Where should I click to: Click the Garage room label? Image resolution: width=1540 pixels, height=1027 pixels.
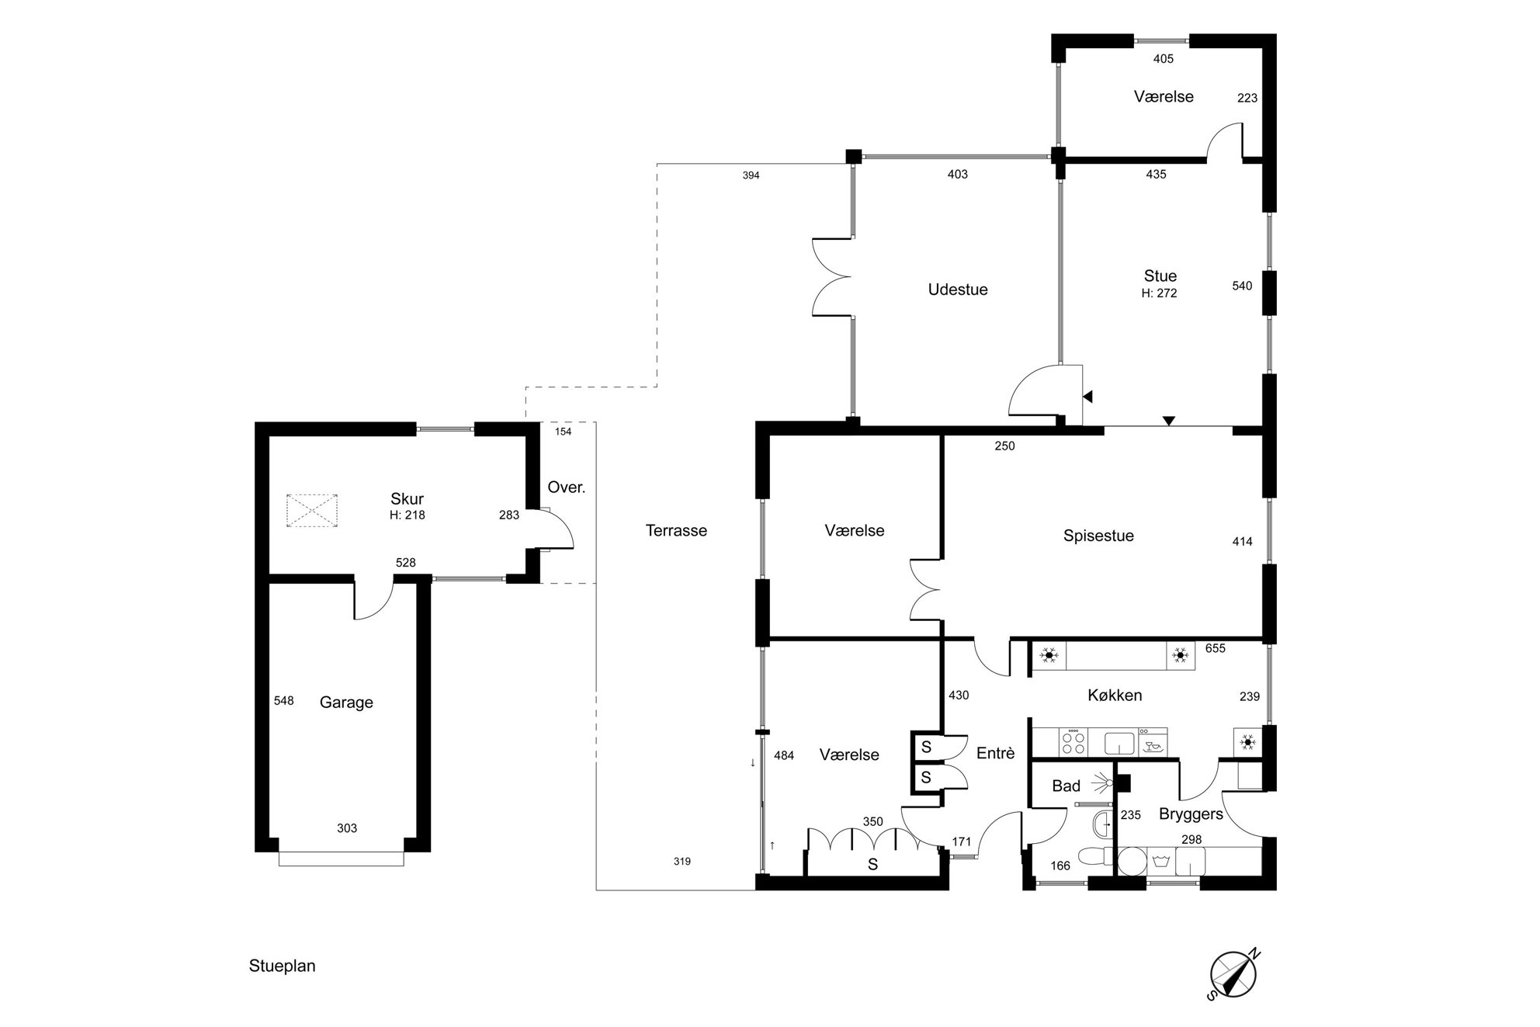pyautogui.click(x=346, y=703)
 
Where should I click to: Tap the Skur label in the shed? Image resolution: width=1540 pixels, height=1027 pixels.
pyautogui.click(x=407, y=499)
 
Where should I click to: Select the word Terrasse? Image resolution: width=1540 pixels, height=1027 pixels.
pyautogui.click(x=676, y=531)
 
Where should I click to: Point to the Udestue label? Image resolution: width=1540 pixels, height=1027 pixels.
pyautogui.click(x=958, y=290)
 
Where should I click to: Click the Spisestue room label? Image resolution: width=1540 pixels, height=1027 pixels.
pyautogui.click(x=1098, y=536)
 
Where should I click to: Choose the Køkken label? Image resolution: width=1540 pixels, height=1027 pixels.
pyautogui.click(x=1115, y=696)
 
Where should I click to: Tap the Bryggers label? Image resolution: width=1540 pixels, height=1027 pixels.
pyautogui.click(x=1191, y=814)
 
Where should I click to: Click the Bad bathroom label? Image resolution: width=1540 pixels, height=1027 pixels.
pyautogui.click(x=1066, y=786)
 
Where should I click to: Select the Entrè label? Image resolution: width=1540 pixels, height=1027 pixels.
pyautogui.click(x=995, y=753)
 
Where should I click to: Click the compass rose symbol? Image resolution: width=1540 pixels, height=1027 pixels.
pyautogui.click(x=1233, y=975)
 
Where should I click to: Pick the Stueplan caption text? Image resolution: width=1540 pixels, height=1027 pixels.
pyautogui.click(x=282, y=966)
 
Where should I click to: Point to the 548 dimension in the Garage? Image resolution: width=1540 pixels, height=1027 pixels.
pyautogui.click(x=284, y=701)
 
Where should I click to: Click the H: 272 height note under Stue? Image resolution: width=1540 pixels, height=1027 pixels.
pyautogui.click(x=1159, y=293)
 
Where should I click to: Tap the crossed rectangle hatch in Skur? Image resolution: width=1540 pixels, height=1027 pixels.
pyautogui.click(x=313, y=512)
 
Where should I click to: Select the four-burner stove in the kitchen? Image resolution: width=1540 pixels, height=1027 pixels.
pyautogui.click(x=1073, y=741)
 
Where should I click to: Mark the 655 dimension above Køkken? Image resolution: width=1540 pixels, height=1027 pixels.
pyautogui.click(x=1216, y=648)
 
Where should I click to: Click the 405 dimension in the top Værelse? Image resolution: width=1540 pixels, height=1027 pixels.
pyautogui.click(x=1164, y=59)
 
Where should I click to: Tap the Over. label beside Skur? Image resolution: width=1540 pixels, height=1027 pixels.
pyautogui.click(x=567, y=487)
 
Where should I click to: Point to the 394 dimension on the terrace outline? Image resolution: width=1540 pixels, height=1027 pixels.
pyautogui.click(x=751, y=175)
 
